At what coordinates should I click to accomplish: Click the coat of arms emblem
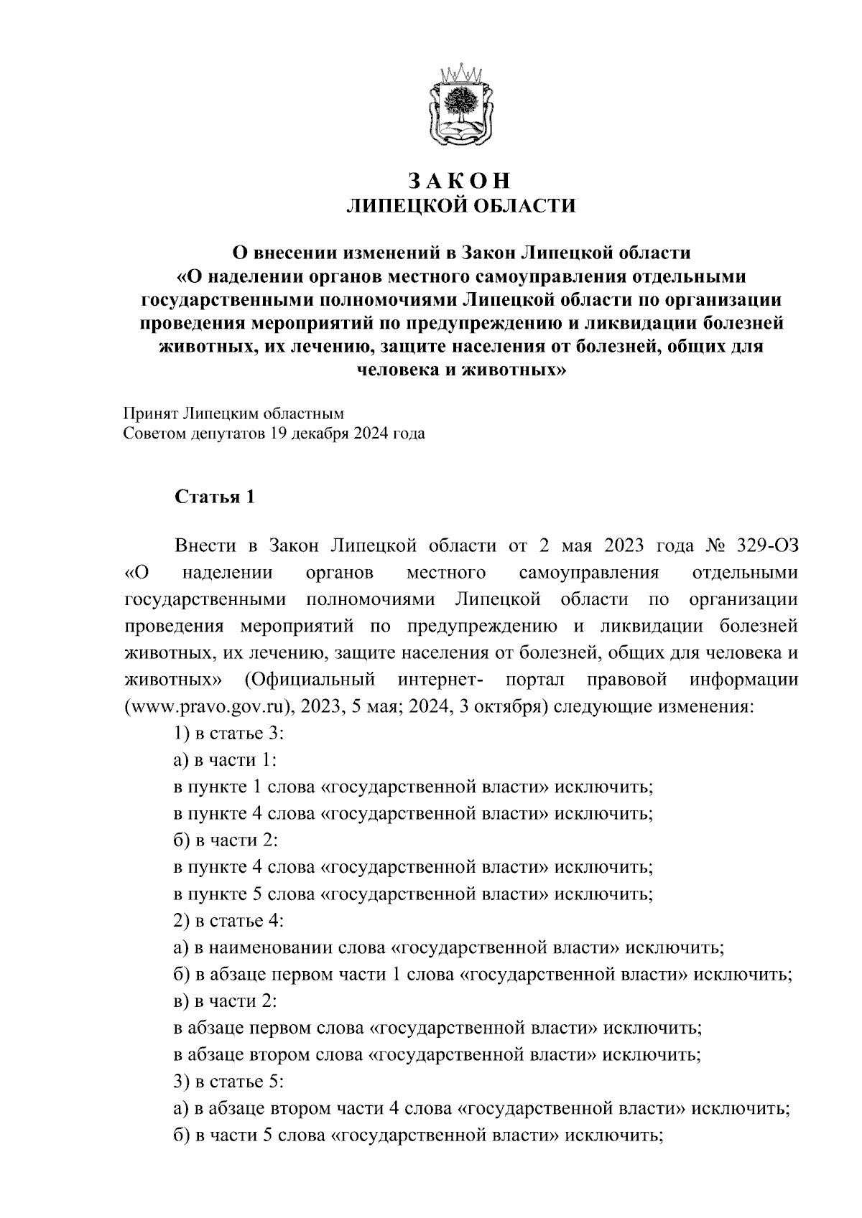(x=460, y=108)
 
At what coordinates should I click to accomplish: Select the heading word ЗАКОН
(x=460, y=179)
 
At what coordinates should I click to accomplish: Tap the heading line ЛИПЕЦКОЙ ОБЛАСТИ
(x=460, y=207)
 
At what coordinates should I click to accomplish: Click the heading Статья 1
(x=214, y=497)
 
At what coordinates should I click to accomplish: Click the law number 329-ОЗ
(x=767, y=545)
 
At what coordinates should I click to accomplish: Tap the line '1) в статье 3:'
(x=231, y=734)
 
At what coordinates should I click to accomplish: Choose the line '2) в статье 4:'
(x=231, y=921)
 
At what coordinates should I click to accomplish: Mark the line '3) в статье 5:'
(x=231, y=1082)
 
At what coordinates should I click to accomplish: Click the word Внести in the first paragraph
(x=206, y=545)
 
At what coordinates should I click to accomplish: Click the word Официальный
(x=311, y=680)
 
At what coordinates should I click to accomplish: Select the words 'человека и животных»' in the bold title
(x=460, y=370)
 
